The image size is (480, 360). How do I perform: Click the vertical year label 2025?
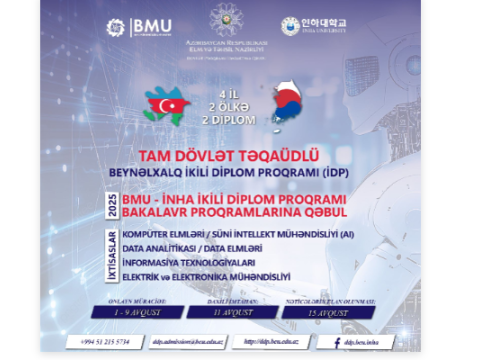(113, 208)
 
